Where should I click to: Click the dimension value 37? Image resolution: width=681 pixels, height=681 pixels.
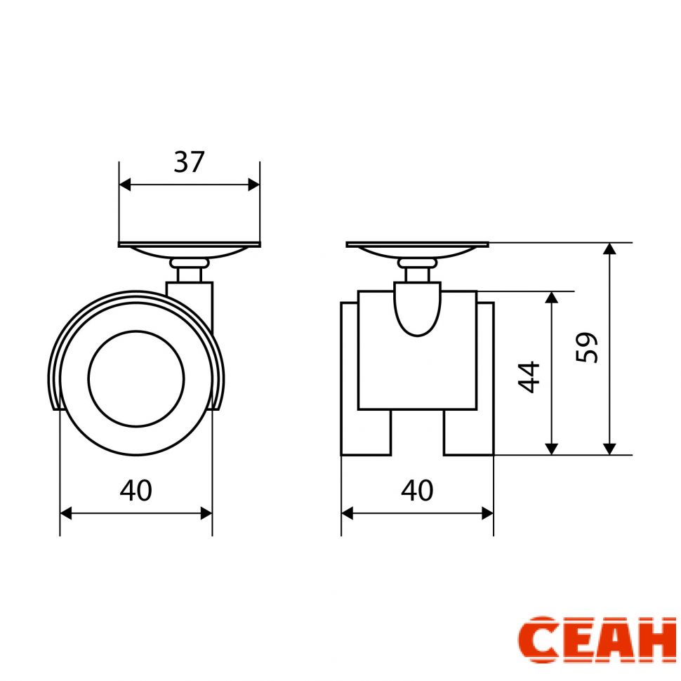(189, 161)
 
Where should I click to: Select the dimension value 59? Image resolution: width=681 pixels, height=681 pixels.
(587, 348)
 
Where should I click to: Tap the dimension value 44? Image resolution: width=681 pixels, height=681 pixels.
(529, 377)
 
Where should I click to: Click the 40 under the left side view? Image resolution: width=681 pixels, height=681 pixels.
(136, 490)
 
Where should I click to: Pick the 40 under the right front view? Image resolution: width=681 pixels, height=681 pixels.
(417, 490)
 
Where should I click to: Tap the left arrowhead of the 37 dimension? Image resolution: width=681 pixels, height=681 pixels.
(125, 185)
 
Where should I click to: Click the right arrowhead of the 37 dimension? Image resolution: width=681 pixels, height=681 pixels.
(254, 185)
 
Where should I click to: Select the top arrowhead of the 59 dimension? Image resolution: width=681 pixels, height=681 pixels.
(610, 249)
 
